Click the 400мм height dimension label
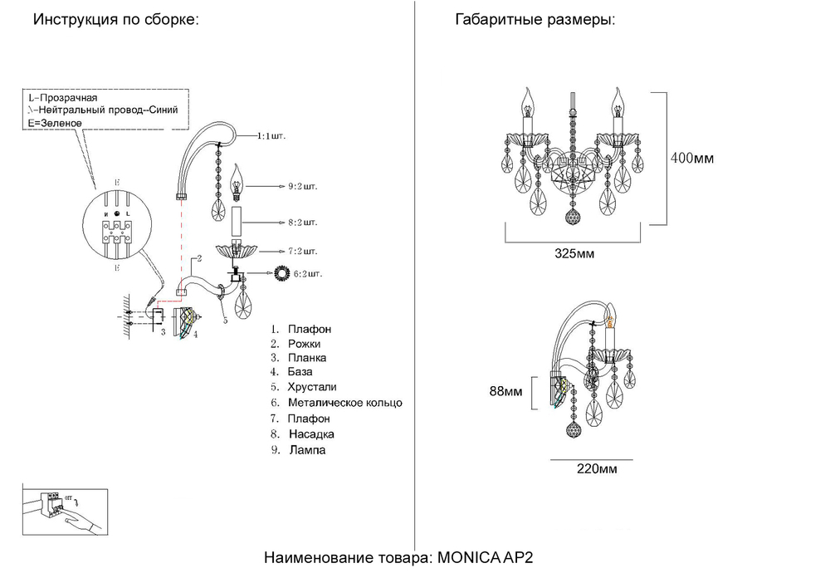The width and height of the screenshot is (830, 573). tap(692, 158)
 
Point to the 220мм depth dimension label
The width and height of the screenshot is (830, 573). tap(597, 469)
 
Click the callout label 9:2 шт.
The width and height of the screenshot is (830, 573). tap(302, 187)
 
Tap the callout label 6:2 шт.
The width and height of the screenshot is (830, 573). tap(307, 272)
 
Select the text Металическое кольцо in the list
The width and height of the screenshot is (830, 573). tap(344, 403)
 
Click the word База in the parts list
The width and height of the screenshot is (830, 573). tap(300, 372)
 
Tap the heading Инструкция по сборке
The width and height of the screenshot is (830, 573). tap(116, 20)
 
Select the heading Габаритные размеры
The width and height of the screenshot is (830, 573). tap(535, 20)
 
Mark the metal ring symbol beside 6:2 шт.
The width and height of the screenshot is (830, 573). tap(283, 272)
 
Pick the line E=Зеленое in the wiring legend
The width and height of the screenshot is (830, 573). tap(55, 122)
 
